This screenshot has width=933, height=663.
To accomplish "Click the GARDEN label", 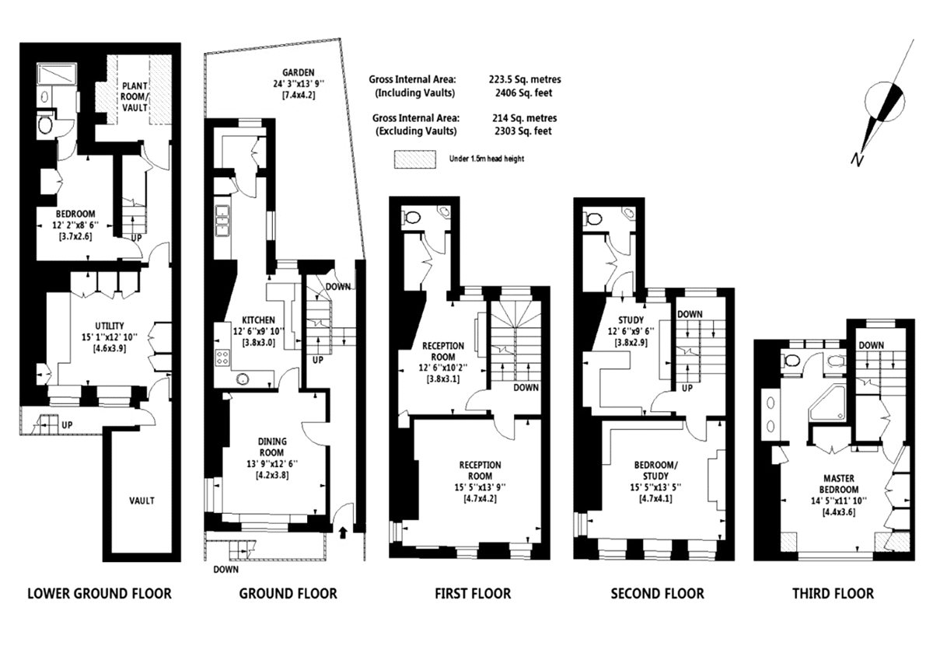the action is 299,72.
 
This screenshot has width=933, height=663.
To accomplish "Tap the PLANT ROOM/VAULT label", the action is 135,96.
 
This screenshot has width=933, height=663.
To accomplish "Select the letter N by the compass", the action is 856,159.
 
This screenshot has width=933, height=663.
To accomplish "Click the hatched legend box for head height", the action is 415,159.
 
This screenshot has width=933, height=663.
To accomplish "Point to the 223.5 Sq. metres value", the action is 524,79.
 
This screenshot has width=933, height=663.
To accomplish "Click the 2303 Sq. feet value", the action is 523,131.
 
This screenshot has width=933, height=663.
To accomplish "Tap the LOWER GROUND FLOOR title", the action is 100,594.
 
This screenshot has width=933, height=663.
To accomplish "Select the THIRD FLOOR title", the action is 833,594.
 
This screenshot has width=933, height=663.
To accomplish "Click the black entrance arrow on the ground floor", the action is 343,532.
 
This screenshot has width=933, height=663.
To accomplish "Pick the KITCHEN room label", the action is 258,319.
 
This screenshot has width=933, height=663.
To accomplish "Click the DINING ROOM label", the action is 272,447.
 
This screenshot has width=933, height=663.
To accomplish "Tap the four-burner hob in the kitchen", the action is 222,358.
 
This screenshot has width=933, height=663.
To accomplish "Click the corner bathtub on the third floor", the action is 827,403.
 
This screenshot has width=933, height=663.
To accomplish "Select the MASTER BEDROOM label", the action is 838,484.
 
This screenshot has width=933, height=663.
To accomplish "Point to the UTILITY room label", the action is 110,326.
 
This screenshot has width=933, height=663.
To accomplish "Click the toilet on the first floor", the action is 411,218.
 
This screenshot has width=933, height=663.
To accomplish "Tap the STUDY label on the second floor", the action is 631,319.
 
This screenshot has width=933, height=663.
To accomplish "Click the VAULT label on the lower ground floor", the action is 142,501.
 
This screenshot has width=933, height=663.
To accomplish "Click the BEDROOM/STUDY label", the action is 655,470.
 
